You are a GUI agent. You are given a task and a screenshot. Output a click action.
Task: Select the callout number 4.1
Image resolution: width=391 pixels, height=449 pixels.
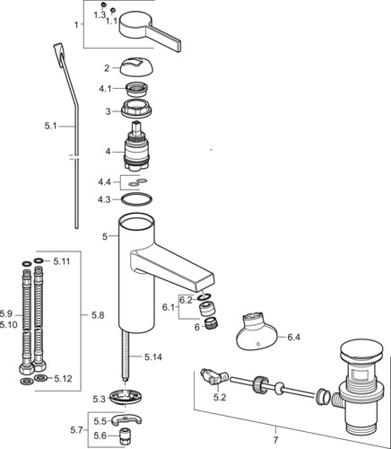point(105,88)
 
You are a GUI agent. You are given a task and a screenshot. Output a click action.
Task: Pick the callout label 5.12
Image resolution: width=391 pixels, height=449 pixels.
point(63,380)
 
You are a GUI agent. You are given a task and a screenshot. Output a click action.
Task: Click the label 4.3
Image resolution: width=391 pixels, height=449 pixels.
point(105,199)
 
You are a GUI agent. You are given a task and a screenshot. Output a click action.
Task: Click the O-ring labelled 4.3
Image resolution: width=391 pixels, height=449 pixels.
point(136,199)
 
